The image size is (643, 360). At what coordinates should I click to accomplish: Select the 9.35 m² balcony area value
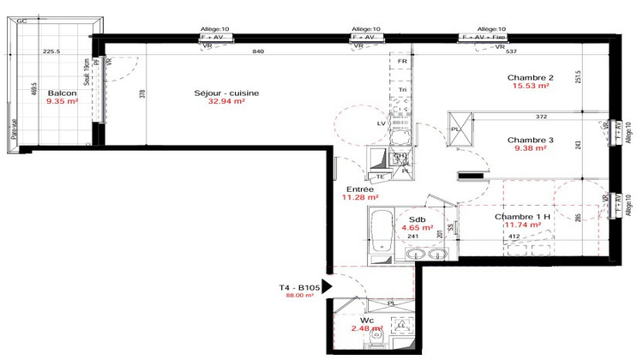click(x=60, y=101)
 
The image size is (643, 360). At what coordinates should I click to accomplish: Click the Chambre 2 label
click(x=532, y=78)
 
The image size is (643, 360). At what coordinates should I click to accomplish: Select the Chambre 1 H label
click(x=523, y=218)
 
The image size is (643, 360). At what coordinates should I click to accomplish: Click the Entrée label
click(x=358, y=190)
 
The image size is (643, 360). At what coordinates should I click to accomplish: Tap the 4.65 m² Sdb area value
click(x=419, y=228)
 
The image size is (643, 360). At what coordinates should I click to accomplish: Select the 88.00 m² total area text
click(x=300, y=297)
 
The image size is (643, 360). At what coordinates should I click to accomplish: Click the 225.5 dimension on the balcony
click(x=52, y=51)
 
